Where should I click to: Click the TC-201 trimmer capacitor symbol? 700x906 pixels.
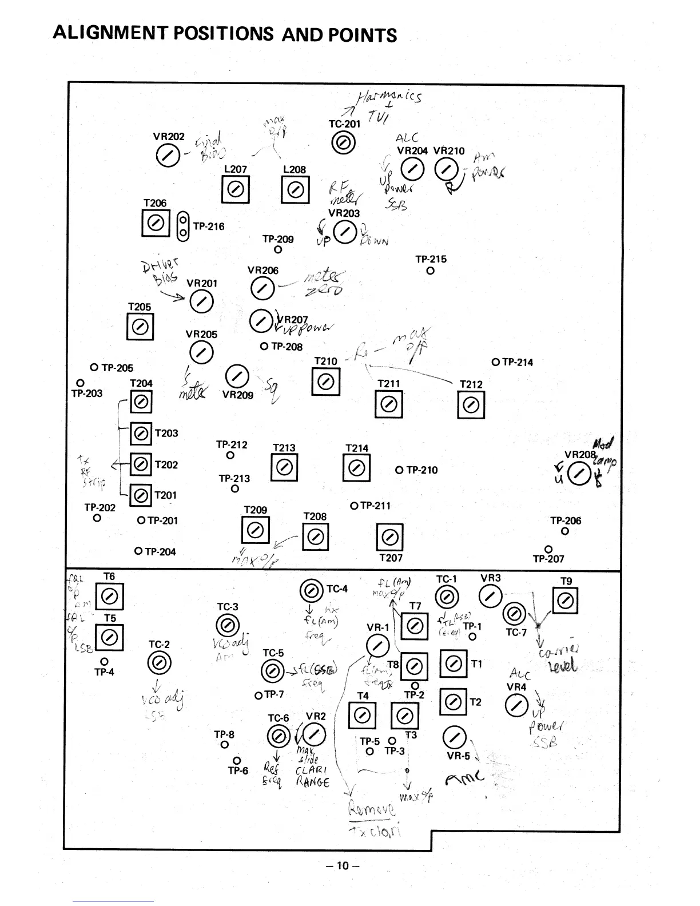point(343,144)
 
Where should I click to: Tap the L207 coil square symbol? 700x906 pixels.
point(235,189)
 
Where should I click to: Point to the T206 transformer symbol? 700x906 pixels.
point(155,223)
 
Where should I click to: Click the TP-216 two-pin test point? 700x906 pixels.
point(183,226)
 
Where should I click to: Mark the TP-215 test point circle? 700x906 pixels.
point(430,271)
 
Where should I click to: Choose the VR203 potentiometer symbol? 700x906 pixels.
point(344,232)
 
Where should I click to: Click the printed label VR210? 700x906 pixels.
point(449,151)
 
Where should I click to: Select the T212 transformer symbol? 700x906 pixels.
point(471,406)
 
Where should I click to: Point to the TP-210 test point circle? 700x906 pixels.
point(399,470)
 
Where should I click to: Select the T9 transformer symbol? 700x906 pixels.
point(565,601)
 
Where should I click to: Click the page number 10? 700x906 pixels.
point(343,865)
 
